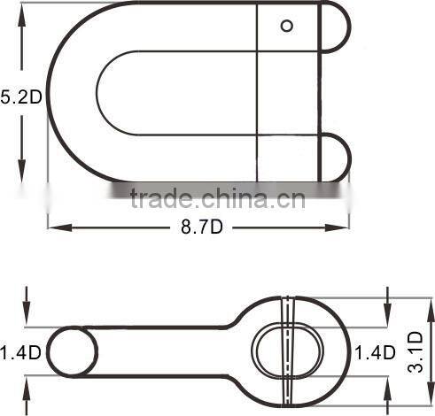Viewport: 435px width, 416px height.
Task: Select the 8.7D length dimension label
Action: pyautogui.click(x=202, y=227)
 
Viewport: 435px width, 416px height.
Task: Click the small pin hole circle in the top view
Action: pyautogui.click(x=286, y=25)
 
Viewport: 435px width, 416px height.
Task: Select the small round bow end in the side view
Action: pyautogui.click(x=73, y=351)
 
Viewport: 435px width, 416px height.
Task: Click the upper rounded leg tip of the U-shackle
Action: pyautogui.click(x=335, y=27)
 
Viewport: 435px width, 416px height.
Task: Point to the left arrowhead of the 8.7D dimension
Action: pyautogui.click(x=53, y=227)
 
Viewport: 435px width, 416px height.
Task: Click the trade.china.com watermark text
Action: pyautogui.click(x=217, y=196)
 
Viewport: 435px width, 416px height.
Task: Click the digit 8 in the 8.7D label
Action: pyautogui.click(x=187, y=227)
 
